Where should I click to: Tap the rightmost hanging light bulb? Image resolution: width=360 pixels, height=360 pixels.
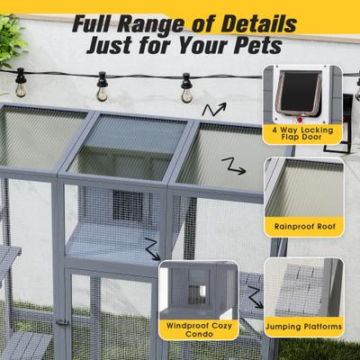click(186, 89)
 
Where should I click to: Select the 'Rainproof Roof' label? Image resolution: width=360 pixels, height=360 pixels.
click(303, 228)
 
